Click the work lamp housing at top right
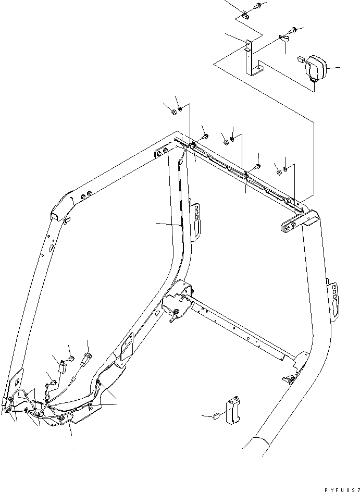point(316,68)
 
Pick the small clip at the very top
point(245,13)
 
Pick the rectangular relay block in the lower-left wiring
point(62,368)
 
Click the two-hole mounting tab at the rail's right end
point(289,225)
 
